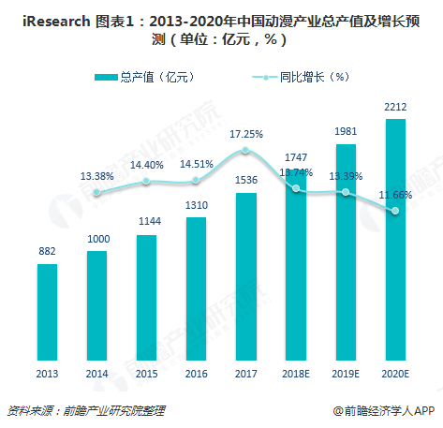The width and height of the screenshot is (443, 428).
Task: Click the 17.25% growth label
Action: point(245,134)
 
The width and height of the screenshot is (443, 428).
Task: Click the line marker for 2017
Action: point(245,151)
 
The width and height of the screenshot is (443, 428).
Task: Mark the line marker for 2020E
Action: point(395,211)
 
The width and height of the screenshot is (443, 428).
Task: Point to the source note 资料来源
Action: point(25,410)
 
